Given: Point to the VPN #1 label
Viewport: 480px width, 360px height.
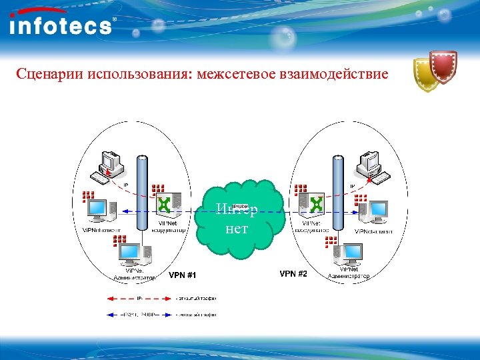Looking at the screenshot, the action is point(183,275).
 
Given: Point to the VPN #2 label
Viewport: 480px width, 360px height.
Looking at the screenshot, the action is point(293,274).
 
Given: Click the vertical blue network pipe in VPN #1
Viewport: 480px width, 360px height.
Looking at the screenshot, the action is point(141,200).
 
